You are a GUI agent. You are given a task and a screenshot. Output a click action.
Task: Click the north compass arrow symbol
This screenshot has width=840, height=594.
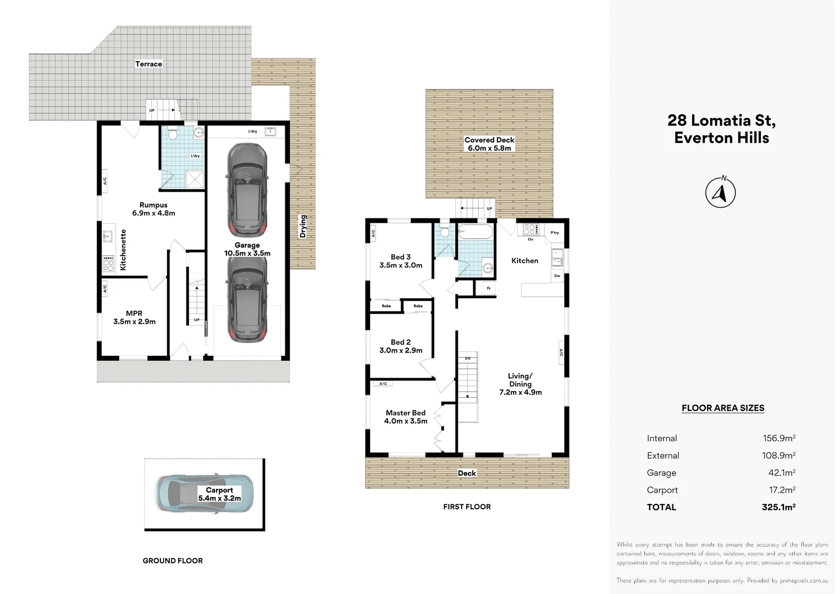coord(720,192)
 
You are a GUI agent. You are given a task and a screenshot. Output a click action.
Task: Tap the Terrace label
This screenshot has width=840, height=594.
coord(148,64)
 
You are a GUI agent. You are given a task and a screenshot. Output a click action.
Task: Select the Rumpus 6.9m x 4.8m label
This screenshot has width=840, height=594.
coord(153,209)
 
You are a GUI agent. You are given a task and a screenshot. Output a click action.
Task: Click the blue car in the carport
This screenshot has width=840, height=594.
coord(205,493)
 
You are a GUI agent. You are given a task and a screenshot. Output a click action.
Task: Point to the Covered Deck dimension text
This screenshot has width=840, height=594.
coord(489,148)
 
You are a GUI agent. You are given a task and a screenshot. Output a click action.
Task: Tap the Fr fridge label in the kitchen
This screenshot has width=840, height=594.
coord(489,288)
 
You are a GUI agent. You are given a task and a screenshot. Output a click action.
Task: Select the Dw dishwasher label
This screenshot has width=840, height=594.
coord(557,276)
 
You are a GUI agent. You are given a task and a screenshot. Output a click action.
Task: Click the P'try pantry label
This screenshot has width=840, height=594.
coord(555,233)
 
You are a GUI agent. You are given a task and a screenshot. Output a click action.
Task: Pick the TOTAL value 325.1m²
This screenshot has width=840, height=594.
coord(778,507)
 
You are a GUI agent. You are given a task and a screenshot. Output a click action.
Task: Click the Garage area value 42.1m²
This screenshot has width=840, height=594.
coord(782,473)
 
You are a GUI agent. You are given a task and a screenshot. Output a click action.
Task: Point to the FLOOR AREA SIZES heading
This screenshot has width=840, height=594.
coord(722,408)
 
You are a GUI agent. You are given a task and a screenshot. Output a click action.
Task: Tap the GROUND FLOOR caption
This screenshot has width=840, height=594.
coord(173,560)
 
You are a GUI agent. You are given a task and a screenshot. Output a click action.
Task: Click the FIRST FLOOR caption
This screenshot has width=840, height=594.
coord(467,507)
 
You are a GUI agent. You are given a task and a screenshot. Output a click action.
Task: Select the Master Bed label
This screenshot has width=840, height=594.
coord(406,413)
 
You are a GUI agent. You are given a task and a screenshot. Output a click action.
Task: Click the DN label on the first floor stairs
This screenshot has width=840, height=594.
coord(468,359)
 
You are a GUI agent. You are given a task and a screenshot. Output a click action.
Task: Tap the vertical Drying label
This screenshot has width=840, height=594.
coord(303,226)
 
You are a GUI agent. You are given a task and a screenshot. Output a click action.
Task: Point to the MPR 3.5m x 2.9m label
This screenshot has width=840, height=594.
coord(134,317)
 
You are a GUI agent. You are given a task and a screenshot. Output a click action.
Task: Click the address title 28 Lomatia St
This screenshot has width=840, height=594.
coord(721,120)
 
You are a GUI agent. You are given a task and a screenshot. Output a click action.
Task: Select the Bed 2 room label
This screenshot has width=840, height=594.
coord(401,342)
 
